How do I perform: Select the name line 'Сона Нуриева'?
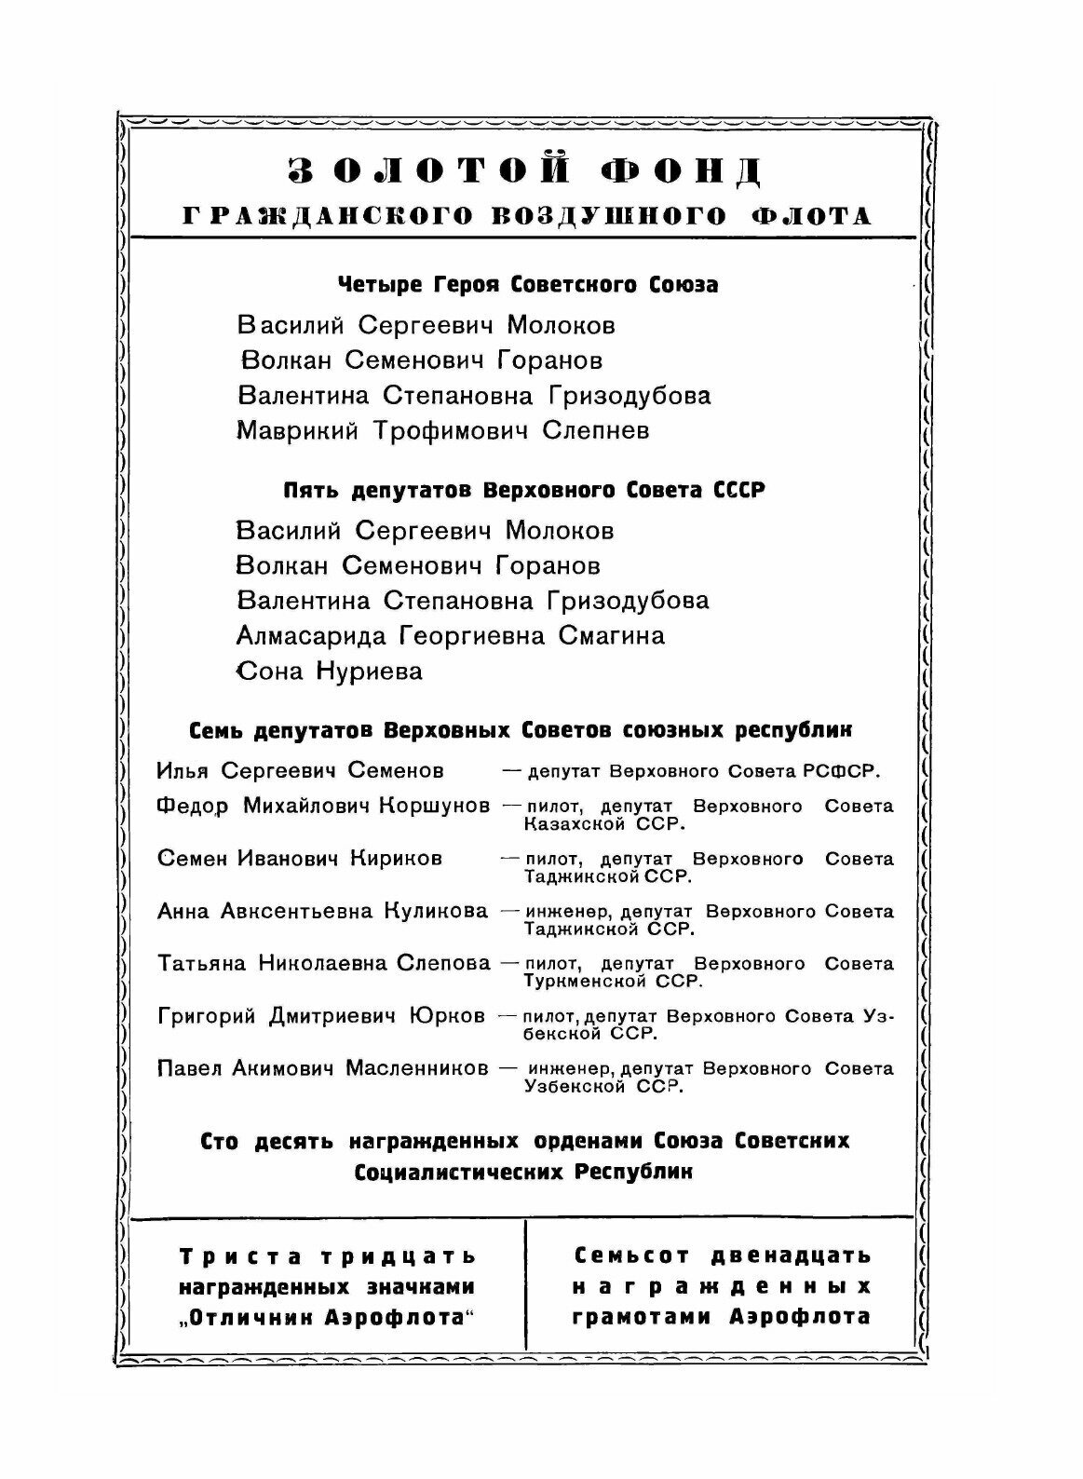[x=329, y=672]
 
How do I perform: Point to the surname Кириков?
[x=396, y=859]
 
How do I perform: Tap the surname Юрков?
[x=447, y=1016]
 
